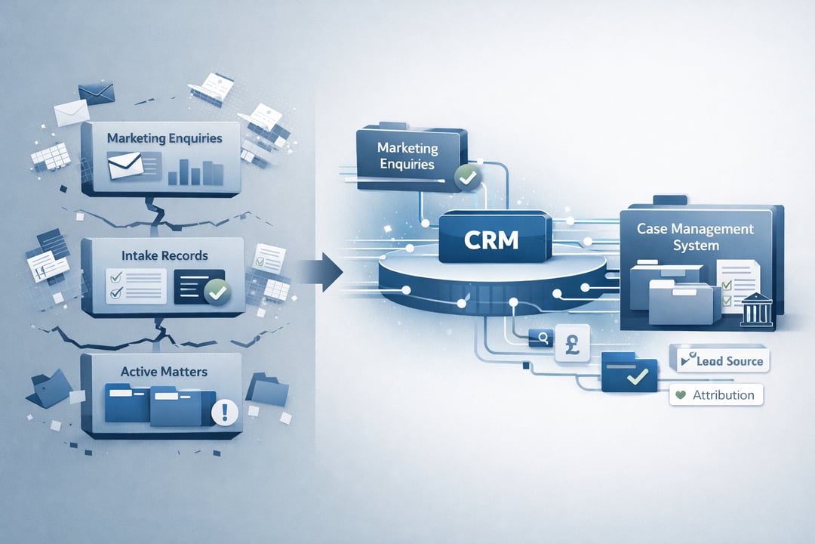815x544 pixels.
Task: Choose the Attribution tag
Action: click(x=716, y=394)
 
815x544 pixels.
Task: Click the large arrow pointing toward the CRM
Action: click(x=321, y=269)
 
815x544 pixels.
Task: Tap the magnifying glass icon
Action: click(x=541, y=338)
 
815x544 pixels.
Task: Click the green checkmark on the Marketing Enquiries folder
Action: click(x=467, y=178)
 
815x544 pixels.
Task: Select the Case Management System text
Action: click(x=694, y=236)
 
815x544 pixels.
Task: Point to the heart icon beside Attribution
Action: click(x=681, y=394)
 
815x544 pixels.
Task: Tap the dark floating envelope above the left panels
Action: click(x=95, y=94)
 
